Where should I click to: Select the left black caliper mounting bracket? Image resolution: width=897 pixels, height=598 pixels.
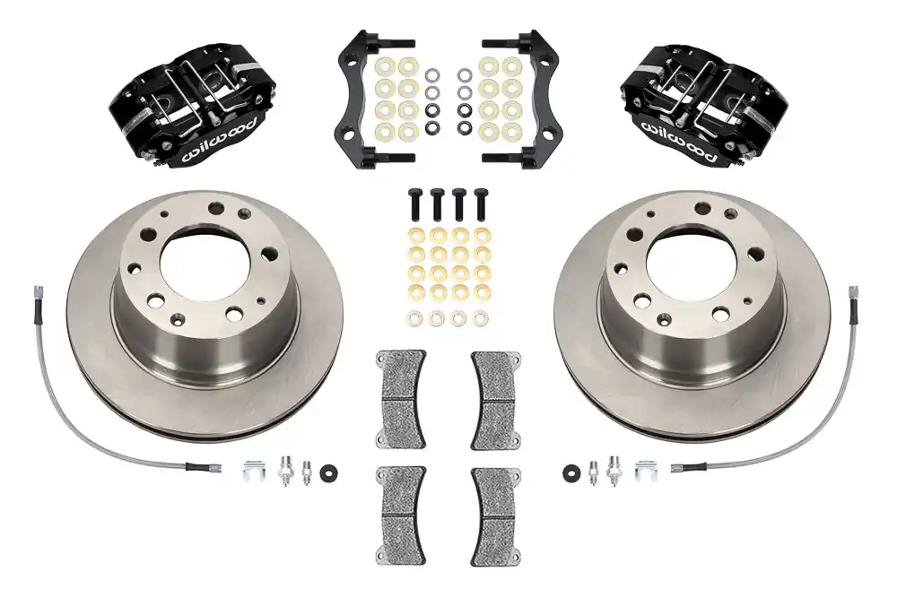356,99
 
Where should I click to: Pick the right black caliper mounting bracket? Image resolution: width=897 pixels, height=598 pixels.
539,99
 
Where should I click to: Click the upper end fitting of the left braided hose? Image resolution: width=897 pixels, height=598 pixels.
39,295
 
